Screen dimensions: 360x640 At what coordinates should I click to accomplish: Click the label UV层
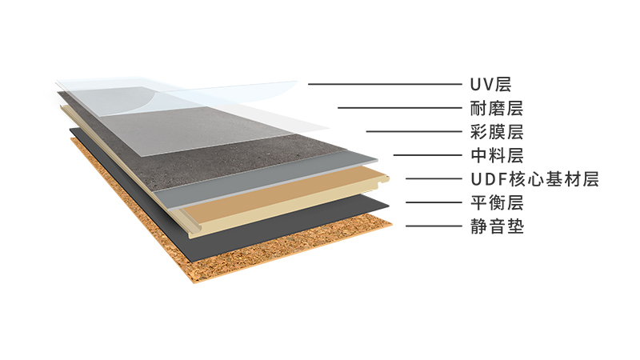[490, 84]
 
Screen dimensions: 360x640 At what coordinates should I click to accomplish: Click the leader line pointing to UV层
[384, 84]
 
